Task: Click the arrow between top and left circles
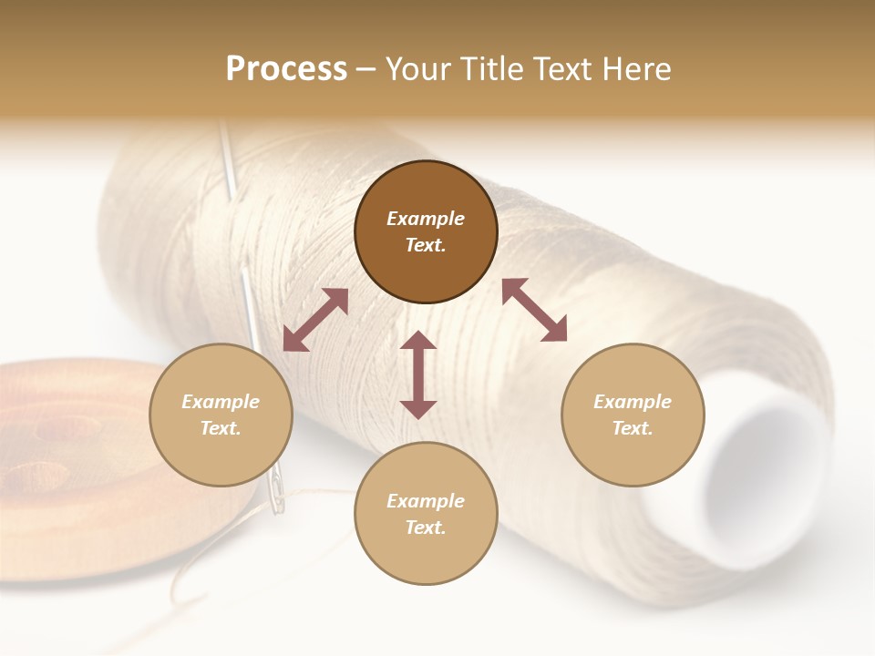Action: tap(315, 320)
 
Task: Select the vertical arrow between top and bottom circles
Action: tap(418, 374)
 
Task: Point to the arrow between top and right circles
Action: tap(534, 310)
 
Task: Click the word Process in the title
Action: tap(286, 69)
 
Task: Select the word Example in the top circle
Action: tap(426, 219)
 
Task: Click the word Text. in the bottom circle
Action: tap(426, 528)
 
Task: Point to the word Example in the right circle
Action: tap(633, 402)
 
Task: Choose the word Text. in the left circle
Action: tap(221, 428)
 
